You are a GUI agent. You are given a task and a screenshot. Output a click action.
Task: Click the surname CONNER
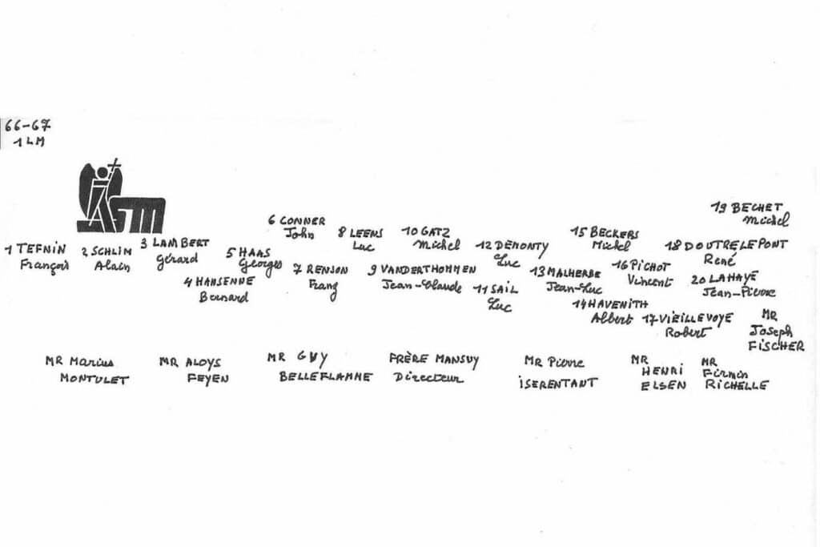tap(302, 220)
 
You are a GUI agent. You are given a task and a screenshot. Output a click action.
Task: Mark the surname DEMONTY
tap(521, 246)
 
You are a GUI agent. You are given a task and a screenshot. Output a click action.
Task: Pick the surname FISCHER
tap(777, 346)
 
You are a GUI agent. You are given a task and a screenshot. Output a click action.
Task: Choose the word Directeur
tap(428, 377)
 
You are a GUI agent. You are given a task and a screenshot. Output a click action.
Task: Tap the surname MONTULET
tap(94, 380)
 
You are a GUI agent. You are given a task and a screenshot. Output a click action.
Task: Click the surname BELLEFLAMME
tap(325, 376)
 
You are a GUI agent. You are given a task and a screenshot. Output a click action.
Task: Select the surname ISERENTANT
tap(557, 383)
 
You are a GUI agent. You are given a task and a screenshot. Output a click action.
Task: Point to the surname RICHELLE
tap(736, 385)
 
